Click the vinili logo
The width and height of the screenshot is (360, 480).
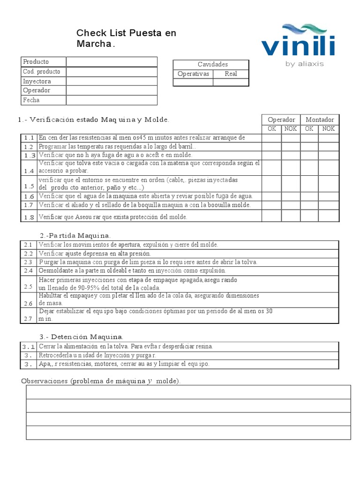[x=298, y=42]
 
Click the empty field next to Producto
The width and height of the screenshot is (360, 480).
[x=112, y=62]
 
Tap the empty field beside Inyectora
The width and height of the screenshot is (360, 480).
[x=112, y=81]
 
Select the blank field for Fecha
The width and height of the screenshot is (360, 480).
[x=112, y=100]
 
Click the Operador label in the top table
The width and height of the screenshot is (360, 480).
[x=37, y=90]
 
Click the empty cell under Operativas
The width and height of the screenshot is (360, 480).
[x=193, y=82]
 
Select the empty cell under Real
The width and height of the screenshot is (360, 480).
[x=231, y=82]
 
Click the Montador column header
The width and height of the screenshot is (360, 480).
[x=320, y=120]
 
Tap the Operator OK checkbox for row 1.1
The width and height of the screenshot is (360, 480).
[x=271, y=138]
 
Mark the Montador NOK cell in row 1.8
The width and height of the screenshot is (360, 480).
[x=329, y=216]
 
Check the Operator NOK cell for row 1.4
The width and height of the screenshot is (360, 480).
[x=291, y=167]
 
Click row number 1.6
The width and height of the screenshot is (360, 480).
[x=29, y=196]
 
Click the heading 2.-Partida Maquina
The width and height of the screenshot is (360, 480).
[x=75, y=235]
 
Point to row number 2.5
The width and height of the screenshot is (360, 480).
[x=28, y=287]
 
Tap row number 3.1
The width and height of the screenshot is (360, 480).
[x=29, y=347]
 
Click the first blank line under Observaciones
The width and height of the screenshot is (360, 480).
[x=188, y=392]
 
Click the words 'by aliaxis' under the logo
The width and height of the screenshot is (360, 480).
[x=304, y=64]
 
